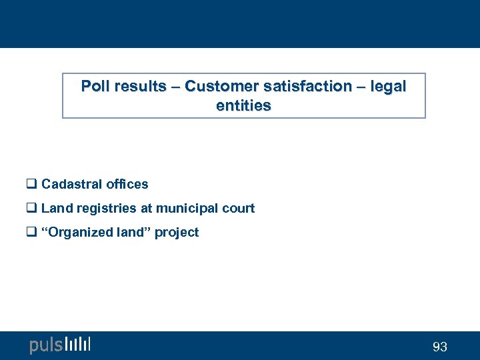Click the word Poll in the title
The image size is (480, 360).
point(95,86)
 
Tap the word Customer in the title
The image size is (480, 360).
point(215,86)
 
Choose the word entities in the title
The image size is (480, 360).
point(243,105)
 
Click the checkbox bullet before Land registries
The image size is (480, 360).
point(31,209)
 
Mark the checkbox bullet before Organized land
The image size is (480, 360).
point(31,233)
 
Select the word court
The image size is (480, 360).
point(239,208)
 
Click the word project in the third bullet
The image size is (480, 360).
point(177,232)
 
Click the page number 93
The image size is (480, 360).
point(440,347)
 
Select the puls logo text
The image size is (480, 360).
point(46,345)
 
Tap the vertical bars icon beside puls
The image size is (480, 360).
point(78,344)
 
